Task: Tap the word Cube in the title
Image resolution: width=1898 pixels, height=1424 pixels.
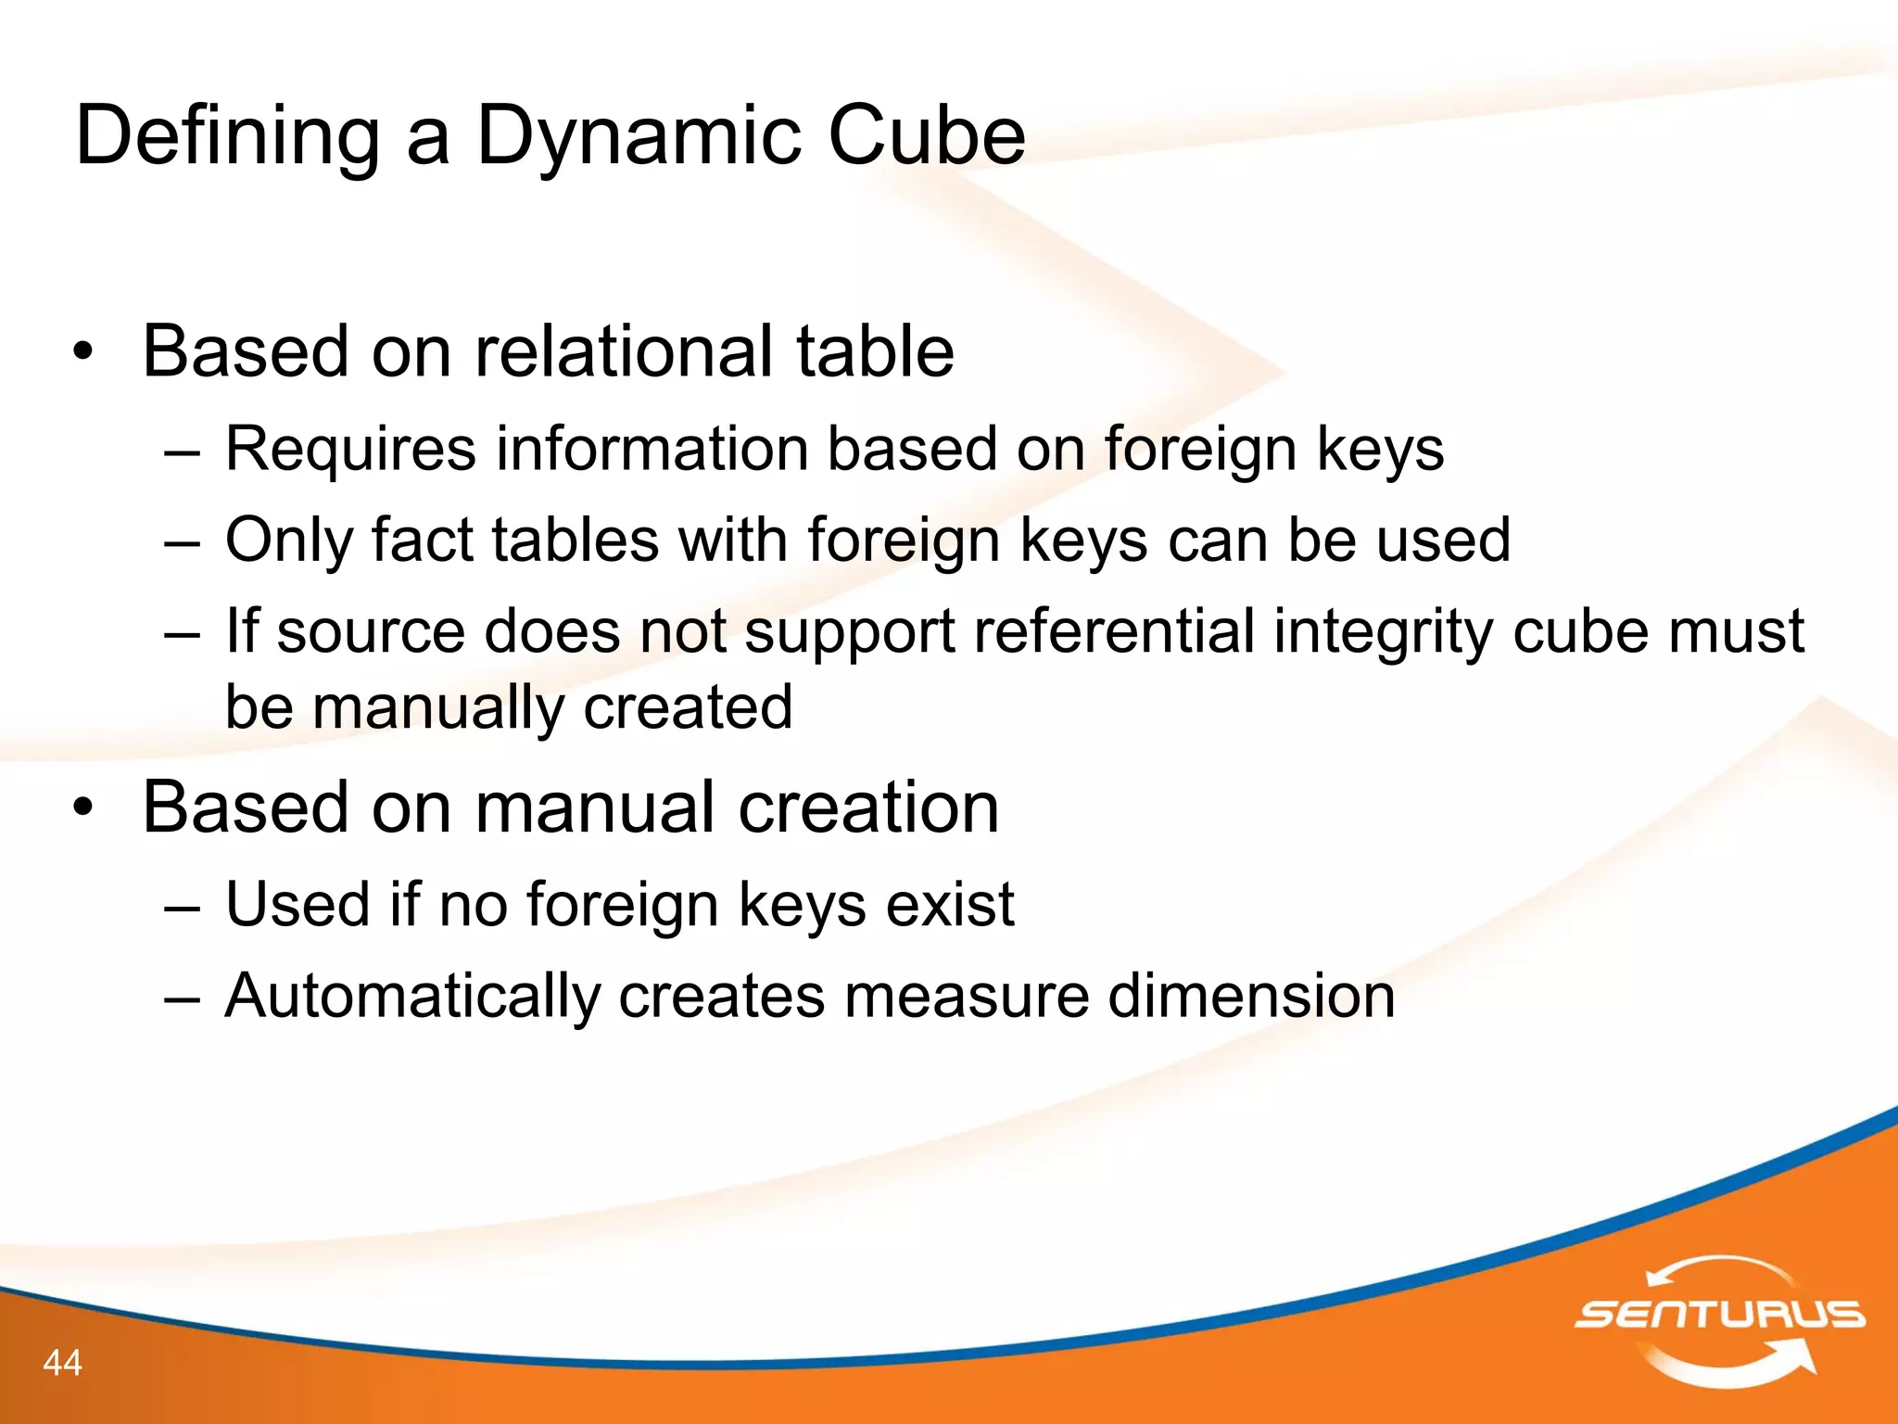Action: tap(926, 136)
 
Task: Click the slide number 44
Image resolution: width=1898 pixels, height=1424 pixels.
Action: tap(62, 1363)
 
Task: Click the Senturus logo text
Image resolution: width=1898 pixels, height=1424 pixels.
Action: tap(1720, 1314)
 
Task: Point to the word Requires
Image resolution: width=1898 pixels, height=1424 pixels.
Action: tap(350, 450)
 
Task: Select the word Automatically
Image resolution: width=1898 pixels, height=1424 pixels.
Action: tap(412, 997)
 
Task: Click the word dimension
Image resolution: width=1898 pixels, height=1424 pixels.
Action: tap(1251, 997)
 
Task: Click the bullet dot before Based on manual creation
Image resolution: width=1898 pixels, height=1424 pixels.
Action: tap(83, 808)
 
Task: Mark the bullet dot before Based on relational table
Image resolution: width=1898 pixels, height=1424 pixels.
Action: tap(83, 352)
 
